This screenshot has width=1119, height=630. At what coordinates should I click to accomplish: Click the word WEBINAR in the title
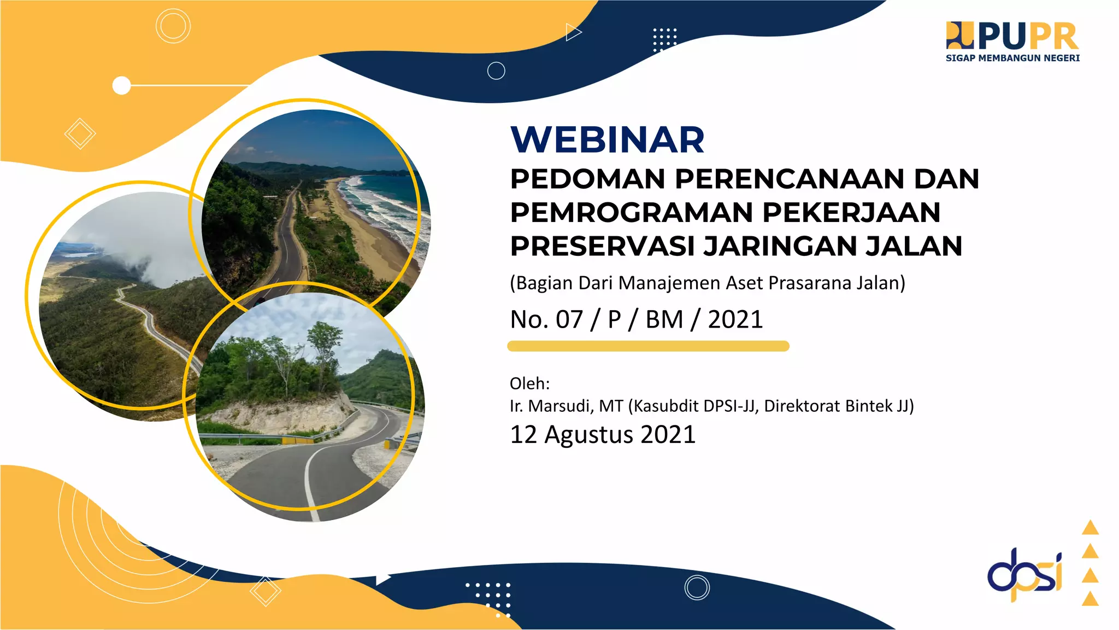point(607,140)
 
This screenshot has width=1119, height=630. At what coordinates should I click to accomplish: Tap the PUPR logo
point(1012,37)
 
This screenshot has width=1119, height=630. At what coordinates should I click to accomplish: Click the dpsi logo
point(1024,575)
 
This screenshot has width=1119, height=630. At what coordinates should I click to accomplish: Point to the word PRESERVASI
point(602,246)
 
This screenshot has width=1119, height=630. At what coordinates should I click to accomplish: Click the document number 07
point(569,319)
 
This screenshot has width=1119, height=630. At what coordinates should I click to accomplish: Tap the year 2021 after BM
point(735,319)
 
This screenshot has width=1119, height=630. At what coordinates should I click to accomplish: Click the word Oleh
point(529,383)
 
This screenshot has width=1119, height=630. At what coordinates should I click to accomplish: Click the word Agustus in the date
point(589,435)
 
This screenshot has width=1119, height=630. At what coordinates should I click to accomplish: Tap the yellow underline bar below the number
point(648,346)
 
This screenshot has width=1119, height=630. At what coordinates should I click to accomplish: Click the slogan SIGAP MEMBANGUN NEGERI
point(1012,58)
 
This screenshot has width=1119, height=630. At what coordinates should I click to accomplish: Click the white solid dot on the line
point(121,86)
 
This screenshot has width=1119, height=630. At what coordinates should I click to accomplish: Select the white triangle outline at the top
point(573,32)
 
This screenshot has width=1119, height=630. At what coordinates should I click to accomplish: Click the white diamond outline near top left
point(80,133)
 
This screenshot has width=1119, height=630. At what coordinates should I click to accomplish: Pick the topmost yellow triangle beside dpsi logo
point(1090,527)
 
